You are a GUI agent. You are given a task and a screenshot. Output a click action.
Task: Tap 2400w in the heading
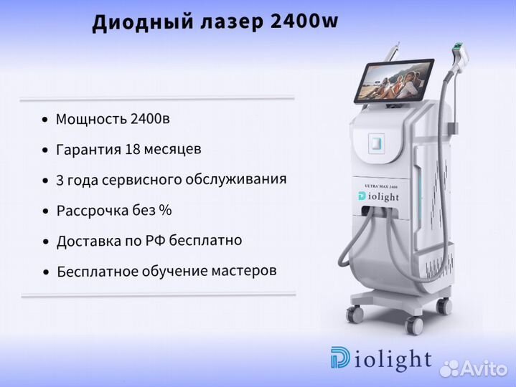pyautogui.click(x=304, y=21)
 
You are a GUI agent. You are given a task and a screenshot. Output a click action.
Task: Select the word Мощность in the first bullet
pyautogui.click(x=91, y=118)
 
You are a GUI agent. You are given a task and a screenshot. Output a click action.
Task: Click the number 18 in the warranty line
pyautogui.click(x=132, y=149)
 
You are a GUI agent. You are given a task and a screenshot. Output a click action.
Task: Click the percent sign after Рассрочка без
pyautogui.click(x=165, y=210)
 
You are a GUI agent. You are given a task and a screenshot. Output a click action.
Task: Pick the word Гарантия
pyautogui.click(x=88, y=150)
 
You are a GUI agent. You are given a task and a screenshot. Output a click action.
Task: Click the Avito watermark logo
pyautogui.click(x=474, y=368)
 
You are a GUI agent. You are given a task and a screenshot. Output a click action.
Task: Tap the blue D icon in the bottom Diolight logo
pyautogui.click(x=340, y=357)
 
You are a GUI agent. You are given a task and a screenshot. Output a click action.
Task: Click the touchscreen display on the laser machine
pyautogui.click(x=394, y=80)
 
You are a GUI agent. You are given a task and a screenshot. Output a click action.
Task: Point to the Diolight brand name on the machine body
pyautogui.click(x=378, y=196)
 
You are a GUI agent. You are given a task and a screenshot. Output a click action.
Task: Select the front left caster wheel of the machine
pyautogui.click(x=355, y=313)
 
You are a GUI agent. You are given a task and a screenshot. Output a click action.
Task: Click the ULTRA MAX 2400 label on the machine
pyautogui.click(x=381, y=186)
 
